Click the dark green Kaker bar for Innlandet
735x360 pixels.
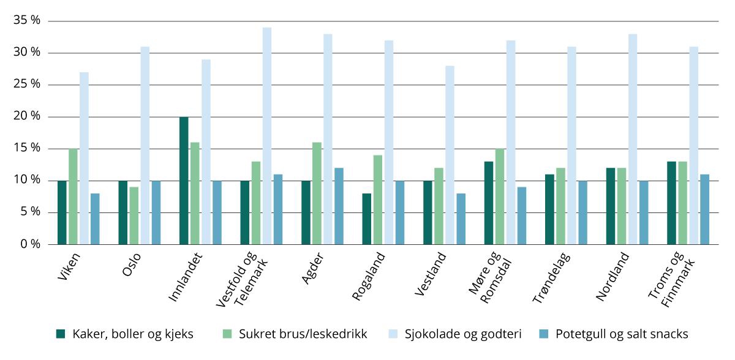click(184, 181)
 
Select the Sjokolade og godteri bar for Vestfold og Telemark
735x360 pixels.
click(267, 136)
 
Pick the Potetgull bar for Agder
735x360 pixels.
click(339, 206)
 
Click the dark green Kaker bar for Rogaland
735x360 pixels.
click(366, 219)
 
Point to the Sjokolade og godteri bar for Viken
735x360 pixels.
click(84, 158)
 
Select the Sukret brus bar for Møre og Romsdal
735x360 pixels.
click(500, 196)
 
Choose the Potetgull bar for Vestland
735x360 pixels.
click(461, 219)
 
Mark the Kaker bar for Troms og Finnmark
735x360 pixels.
click(671, 203)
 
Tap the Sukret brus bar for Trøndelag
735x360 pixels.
click(561, 206)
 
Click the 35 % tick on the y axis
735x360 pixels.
click(27, 21)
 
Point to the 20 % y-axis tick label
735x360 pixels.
click(27, 116)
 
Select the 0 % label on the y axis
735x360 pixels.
click(30, 244)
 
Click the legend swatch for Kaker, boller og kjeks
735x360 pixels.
click(61, 334)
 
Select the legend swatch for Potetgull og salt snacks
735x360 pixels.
click(543, 334)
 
